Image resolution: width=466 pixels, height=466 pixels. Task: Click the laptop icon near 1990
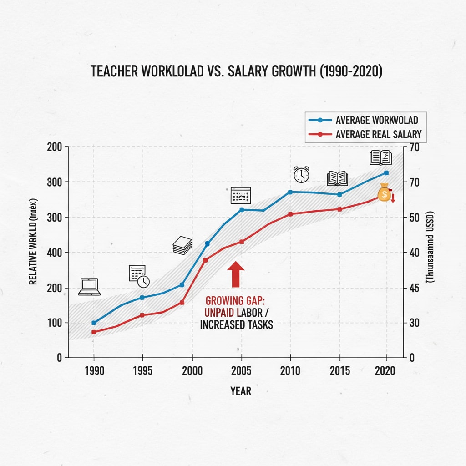(89, 287)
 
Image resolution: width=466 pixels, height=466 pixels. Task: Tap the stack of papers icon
(182, 245)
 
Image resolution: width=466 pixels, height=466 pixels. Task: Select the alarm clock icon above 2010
(301, 174)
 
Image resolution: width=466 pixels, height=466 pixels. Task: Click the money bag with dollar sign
(385, 193)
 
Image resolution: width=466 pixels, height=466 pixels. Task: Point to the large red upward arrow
(236, 274)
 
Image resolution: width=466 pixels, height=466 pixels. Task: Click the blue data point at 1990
(94, 323)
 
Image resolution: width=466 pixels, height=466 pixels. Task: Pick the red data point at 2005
(242, 242)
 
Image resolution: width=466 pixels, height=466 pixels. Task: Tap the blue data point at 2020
(387, 173)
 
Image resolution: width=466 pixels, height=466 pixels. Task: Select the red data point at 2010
(290, 214)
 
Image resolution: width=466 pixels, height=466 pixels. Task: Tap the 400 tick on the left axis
(55, 252)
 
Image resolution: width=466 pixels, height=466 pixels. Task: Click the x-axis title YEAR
(241, 391)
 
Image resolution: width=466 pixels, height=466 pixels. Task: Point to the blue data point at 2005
(242, 210)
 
